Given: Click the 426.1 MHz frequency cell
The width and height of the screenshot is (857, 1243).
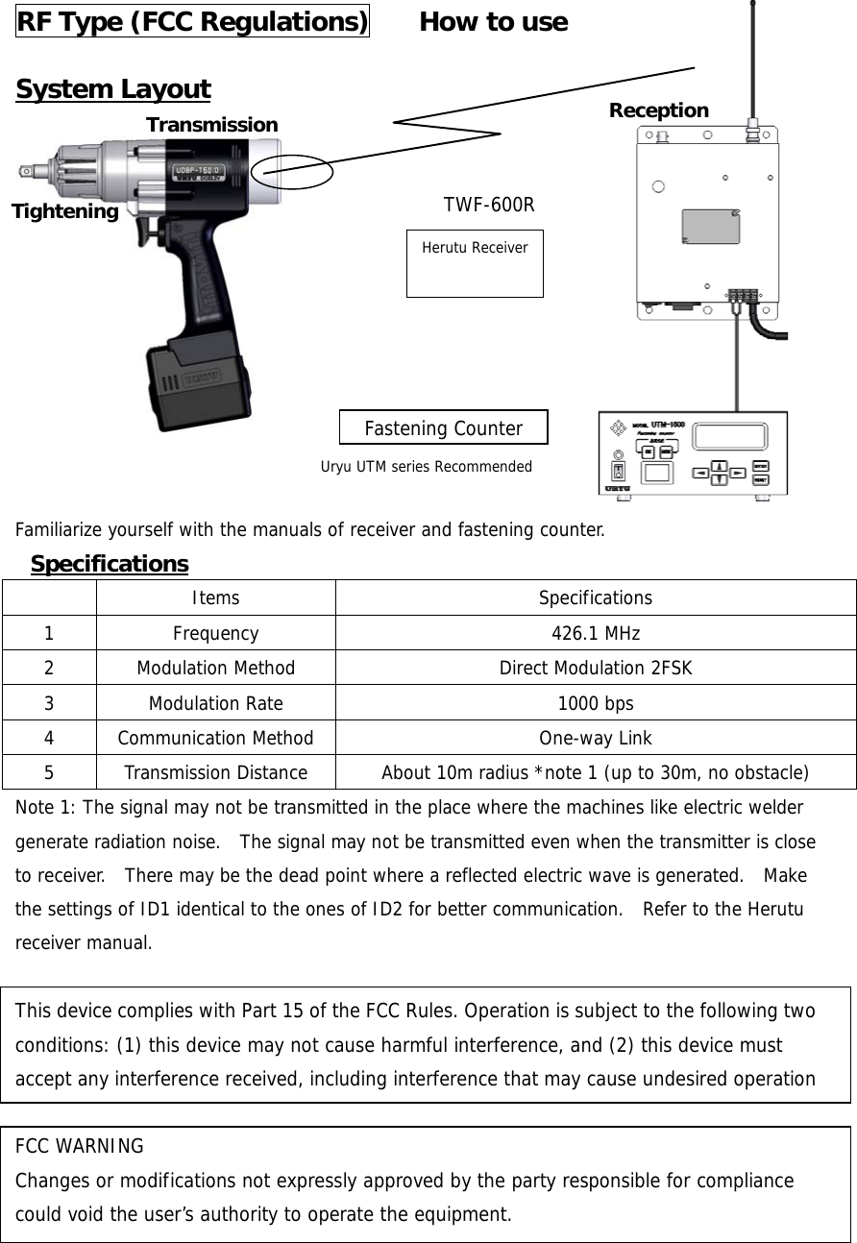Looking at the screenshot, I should tap(595, 633).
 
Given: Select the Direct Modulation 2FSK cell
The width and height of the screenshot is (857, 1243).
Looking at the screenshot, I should tap(595, 669).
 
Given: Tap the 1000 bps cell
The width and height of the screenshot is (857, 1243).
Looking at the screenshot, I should tap(595, 703).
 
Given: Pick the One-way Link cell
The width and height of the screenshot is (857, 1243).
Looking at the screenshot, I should tap(595, 738).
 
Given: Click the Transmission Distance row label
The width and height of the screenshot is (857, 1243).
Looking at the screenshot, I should tap(215, 773).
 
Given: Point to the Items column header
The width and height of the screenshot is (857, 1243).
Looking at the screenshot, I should tap(215, 598).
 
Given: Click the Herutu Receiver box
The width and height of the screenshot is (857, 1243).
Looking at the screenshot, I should tap(475, 262).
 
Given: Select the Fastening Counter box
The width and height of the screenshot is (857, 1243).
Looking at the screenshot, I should tap(443, 427).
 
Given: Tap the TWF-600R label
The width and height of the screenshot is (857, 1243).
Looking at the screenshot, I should tap(488, 205).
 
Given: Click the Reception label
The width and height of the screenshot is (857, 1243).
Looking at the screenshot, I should tap(658, 110).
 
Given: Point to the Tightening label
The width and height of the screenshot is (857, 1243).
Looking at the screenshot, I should tap(65, 211).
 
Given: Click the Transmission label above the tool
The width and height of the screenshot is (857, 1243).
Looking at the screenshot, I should tap(211, 125).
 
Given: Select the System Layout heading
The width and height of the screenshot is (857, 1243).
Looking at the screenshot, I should tap(113, 89).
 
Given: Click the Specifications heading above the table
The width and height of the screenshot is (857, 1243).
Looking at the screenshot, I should tap(110, 563).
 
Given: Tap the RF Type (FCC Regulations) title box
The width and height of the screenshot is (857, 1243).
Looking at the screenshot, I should tap(192, 21).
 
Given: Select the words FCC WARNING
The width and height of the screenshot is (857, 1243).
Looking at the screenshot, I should tap(80, 1146).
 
